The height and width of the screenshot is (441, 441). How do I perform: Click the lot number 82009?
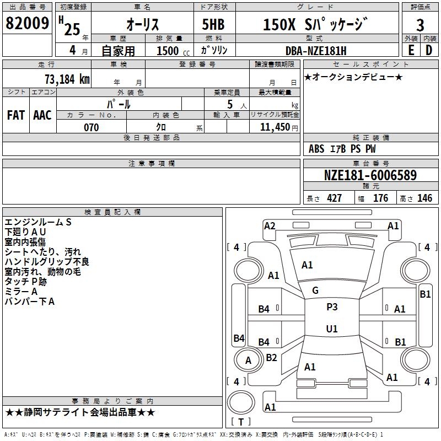[27, 23]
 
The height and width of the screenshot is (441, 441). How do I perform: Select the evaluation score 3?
[420, 25]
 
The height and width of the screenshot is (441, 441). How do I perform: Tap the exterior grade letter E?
[411, 50]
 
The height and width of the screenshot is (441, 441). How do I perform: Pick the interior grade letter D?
[429, 50]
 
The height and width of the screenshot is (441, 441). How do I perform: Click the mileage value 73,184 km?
[67, 79]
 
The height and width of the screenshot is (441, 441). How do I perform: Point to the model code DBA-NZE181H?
[316, 51]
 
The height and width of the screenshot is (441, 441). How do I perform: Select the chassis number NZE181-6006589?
[370, 175]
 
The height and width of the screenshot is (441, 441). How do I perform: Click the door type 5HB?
[213, 24]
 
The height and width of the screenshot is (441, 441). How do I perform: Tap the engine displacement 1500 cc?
[173, 51]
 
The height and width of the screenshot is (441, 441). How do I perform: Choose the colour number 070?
[91, 127]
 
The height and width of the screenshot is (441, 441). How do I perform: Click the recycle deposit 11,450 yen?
[279, 127]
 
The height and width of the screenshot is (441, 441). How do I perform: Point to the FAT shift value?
[16, 115]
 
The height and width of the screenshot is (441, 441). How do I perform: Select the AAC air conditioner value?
[42, 115]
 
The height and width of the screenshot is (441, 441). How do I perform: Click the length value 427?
[334, 198]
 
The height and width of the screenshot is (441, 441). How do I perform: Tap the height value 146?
[424, 198]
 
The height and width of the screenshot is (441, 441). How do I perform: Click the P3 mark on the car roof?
[332, 306]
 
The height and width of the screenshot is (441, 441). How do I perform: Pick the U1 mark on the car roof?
[332, 329]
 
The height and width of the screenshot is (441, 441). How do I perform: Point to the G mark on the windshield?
[315, 291]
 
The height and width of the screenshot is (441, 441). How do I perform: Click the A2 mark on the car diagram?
[270, 225]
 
